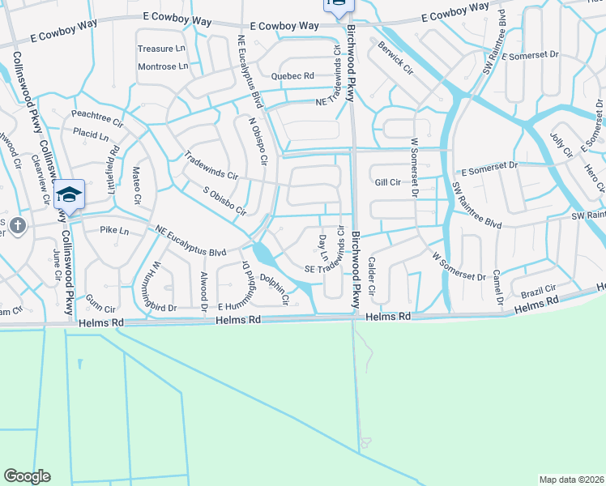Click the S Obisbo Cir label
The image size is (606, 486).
point(224,200)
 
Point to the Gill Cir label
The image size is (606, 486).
point(387,182)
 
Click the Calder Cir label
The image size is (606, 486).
point(372,275)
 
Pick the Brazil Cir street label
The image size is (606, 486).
point(538,289)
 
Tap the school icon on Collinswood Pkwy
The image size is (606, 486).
point(70,195)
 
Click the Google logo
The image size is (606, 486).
point(27,476)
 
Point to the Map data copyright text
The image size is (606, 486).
point(571,480)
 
